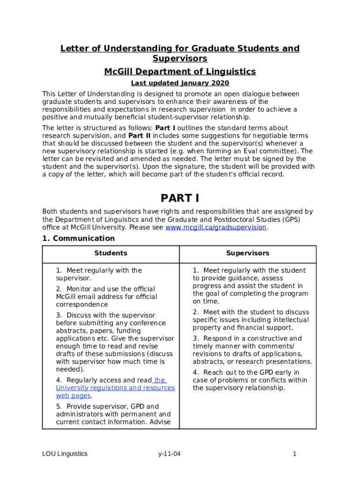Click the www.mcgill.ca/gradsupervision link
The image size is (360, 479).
click(216, 227)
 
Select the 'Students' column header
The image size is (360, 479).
click(111, 253)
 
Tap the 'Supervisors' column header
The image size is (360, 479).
click(248, 253)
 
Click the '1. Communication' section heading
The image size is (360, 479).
click(78, 239)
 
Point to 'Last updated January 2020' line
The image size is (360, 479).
click(180, 83)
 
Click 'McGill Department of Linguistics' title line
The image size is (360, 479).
click(180, 72)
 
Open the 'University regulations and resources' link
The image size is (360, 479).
click(115, 388)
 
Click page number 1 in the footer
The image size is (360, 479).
click(295, 454)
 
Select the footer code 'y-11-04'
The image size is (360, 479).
click(169, 454)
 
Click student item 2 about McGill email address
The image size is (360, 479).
click(106, 297)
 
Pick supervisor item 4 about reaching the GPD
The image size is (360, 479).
click(250, 380)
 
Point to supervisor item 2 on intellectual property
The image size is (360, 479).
click(251, 320)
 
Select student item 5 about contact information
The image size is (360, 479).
click(113, 414)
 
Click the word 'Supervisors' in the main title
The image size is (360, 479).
click(180, 58)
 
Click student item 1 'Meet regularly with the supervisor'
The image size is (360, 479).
click(99, 274)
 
